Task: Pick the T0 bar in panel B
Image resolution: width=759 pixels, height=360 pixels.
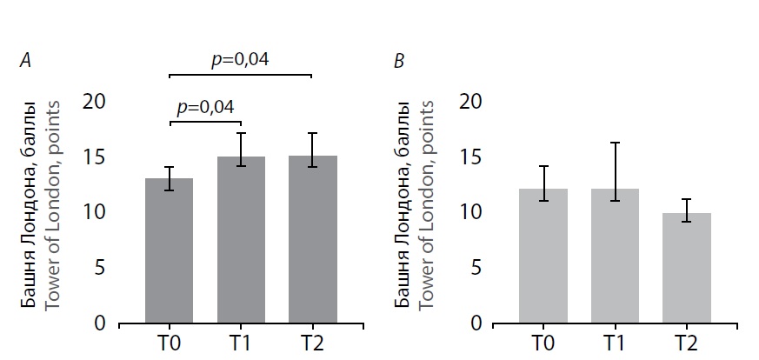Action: click(x=543, y=256)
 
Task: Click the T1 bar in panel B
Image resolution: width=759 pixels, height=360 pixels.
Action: click(x=615, y=256)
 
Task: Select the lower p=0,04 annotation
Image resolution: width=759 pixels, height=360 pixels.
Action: click(x=205, y=107)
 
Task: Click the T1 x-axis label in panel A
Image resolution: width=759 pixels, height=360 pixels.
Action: click(x=241, y=343)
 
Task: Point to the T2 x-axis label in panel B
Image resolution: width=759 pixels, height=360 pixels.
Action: click(x=687, y=343)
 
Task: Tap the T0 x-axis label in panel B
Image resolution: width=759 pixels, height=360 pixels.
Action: click(x=543, y=343)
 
